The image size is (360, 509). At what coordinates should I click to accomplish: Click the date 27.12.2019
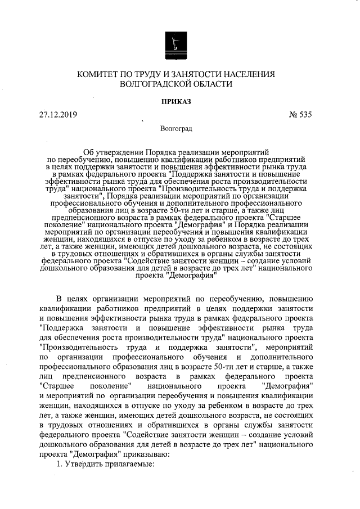(58, 115)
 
